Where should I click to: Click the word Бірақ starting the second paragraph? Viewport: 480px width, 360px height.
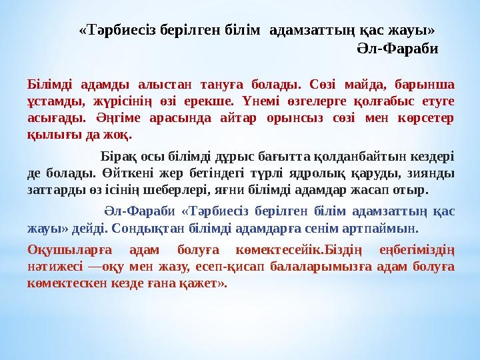pos(118,159)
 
